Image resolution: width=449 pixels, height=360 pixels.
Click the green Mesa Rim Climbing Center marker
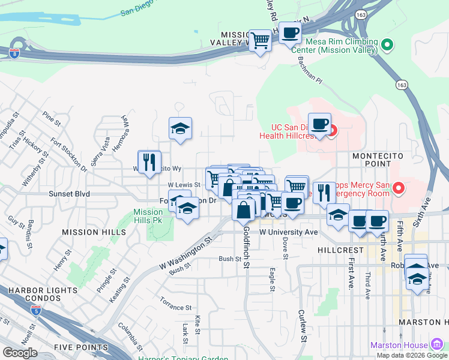387,44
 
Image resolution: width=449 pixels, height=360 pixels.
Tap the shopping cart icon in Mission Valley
259,41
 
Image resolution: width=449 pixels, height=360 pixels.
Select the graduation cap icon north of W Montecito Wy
180,128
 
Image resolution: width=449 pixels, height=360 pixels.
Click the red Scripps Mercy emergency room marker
397,190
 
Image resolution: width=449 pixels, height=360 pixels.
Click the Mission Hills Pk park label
148,216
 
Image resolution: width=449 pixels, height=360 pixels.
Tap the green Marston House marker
437,344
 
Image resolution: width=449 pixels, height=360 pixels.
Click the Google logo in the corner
20,352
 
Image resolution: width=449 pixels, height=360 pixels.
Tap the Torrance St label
176,307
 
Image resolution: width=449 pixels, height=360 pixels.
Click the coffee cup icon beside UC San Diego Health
319,124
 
